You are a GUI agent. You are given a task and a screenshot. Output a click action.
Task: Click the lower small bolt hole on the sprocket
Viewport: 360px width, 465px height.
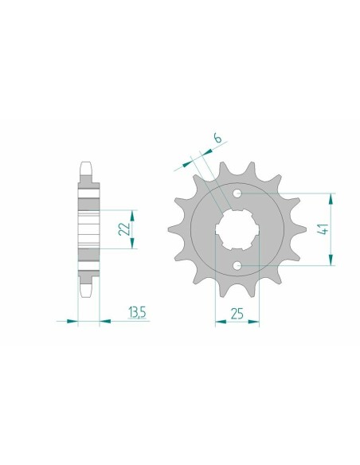coord(237,266)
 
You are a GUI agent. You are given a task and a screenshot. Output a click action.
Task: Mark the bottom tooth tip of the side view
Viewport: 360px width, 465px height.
coord(88,294)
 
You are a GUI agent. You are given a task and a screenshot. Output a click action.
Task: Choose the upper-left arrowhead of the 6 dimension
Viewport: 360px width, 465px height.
coord(189,162)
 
